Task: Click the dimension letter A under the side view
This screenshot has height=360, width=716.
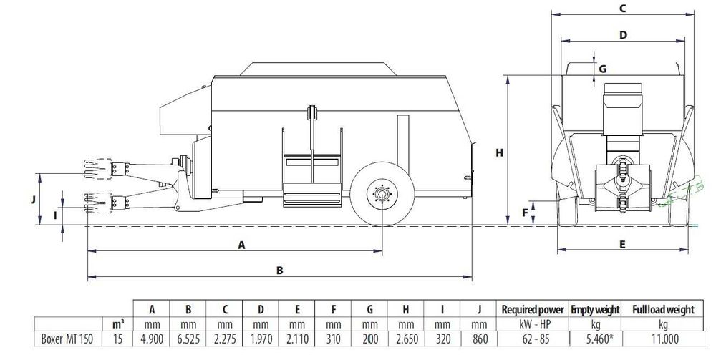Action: [x=241, y=245]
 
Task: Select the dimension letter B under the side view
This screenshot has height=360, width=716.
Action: [x=280, y=271]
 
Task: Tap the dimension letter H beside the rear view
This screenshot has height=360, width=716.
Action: [x=500, y=153]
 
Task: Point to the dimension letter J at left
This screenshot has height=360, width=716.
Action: [x=33, y=200]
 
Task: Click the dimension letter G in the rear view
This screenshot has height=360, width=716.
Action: [x=603, y=69]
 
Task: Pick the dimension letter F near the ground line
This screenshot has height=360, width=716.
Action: [x=525, y=213]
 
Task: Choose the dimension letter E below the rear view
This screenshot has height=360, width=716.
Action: [x=622, y=245]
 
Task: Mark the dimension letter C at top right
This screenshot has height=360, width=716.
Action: [x=622, y=8]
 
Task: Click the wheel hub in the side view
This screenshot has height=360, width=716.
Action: [x=382, y=195]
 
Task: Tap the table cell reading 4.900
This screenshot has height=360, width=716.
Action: [x=151, y=339]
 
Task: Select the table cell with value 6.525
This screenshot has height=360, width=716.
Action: [x=188, y=339]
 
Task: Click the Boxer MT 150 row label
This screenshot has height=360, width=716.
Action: [x=67, y=339]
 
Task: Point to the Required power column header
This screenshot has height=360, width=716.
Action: [x=533, y=310]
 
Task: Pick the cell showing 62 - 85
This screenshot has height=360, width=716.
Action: [x=533, y=339]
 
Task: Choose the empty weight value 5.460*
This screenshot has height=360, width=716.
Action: [x=596, y=339]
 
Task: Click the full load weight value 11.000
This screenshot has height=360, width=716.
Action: [x=663, y=339]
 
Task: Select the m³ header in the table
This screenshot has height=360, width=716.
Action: [x=118, y=324]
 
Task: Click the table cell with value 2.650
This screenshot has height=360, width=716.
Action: [x=405, y=339]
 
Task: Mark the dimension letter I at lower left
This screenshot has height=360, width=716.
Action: [x=56, y=215]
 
